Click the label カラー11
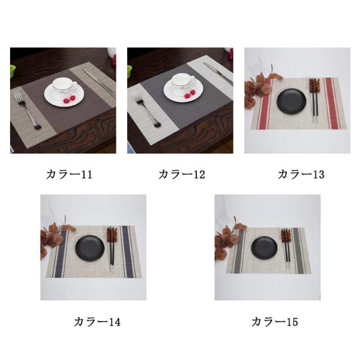pos(69,174)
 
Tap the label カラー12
pos(182,174)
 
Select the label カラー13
pos(301,174)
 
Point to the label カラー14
pos(97,322)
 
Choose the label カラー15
pos(275,322)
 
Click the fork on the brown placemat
pos(27,110)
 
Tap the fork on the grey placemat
pos(146,109)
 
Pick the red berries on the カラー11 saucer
pos(69,99)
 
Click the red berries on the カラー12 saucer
pos(190,94)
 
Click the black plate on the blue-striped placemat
pos(90,249)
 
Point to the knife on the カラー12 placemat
pos(218,73)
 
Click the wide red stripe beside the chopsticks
pos(332,103)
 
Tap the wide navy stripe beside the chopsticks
pos(128,251)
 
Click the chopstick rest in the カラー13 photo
pos(314,85)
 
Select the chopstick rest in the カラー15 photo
pos(286,235)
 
